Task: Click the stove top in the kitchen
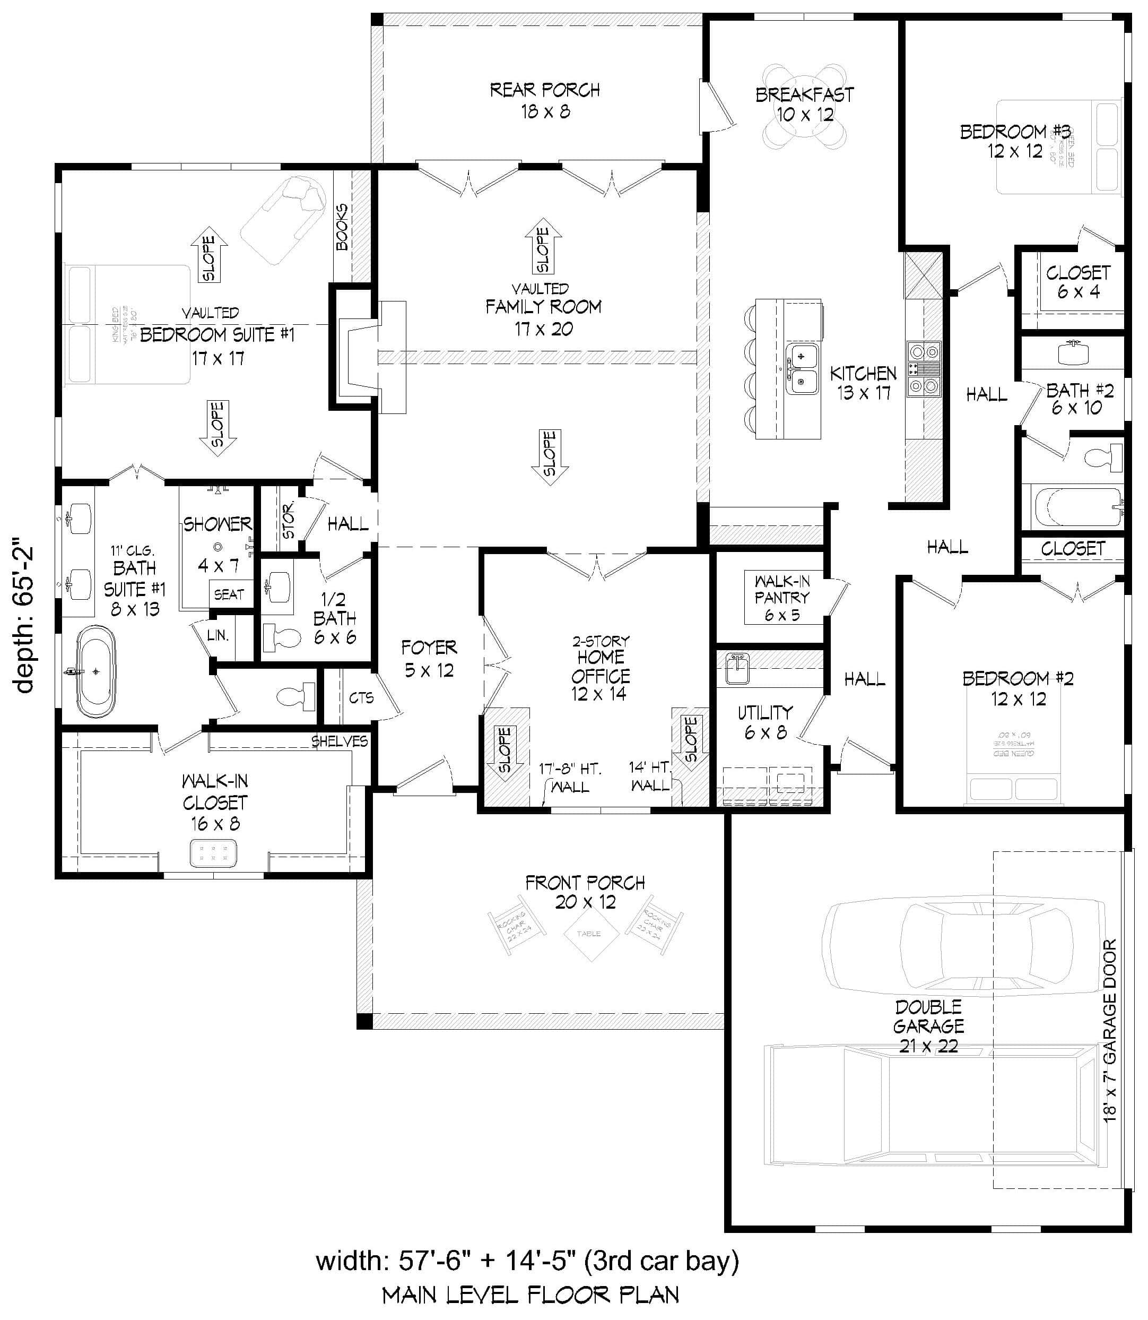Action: click(x=923, y=368)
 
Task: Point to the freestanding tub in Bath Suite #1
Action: click(x=96, y=671)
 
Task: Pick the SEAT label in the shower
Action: click(x=229, y=594)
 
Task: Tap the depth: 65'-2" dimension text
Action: click(x=24, y=618)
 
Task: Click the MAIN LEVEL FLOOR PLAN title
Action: click(x=530, y=1295)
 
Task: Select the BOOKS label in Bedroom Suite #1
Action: click(x=343, y=228)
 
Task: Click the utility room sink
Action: click(x=737, y=670)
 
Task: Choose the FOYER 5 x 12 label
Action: click(x=429, y=658)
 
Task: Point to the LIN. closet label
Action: click(x=218, y=635)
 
